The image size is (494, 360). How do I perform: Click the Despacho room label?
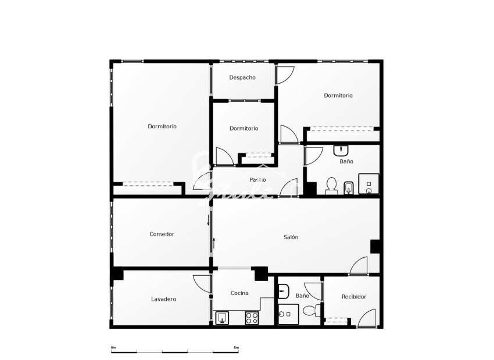[x=242, y=78]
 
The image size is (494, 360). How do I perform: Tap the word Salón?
[x=291, y=237]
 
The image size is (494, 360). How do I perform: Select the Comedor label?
[x=162, y=235]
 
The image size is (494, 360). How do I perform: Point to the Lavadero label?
[x=163, y=300]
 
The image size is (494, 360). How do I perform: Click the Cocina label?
[x=239, y=293]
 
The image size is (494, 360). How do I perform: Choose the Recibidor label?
[x=354, y=297]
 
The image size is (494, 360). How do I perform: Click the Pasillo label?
[x=258, y=180]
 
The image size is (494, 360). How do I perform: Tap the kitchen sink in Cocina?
[x=223, y=317]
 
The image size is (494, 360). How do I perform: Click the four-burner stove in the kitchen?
[x=252, y=318]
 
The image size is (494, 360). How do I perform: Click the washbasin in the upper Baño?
[x=341, y=150]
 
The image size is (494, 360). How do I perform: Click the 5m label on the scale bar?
[x=235, y=347]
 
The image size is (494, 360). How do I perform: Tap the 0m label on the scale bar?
[x=113, y=347]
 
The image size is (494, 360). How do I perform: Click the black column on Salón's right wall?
[x=375, y=246]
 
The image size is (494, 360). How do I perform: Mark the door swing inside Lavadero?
[x=203, y=284]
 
